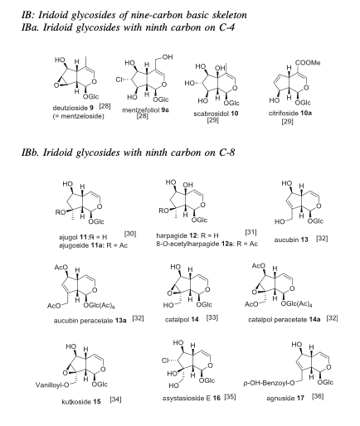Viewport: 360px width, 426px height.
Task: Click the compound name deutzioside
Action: pos(71,108)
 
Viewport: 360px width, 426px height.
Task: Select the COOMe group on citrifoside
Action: pos(308,63)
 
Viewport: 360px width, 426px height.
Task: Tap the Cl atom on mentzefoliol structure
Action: pos(119,80)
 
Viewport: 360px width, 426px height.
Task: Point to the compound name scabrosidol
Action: pos(212,114)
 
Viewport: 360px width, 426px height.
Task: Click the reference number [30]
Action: pos(130,234)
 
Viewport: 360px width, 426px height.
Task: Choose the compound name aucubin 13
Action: pos(291,240)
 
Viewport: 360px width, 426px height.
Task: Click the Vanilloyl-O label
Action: pos(52,385)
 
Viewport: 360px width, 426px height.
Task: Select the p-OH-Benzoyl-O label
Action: pos(269,383)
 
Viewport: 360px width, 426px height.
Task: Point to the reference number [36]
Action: pos(318,396)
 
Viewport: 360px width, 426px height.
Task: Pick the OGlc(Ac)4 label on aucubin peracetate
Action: pos(99,306)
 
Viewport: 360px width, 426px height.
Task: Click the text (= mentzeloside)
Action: pos(79,116)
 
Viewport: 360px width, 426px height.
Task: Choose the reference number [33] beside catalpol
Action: pos(212,317)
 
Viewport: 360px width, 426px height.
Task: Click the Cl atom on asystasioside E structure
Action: pos(165,361)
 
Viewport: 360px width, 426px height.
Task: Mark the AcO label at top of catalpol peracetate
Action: pos(258,266)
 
